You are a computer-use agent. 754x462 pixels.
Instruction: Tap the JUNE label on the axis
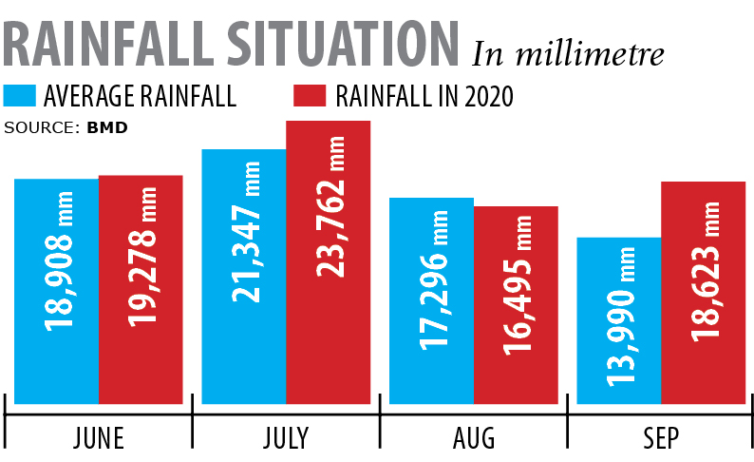[x=99, y=438]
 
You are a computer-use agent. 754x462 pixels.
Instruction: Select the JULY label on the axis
[x=285, y=438]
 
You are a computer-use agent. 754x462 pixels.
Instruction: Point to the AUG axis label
[x=473, y=438]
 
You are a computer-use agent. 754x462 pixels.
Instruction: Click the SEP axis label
[x=661, y=438]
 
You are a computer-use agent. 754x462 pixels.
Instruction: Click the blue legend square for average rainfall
[x=20, y=96]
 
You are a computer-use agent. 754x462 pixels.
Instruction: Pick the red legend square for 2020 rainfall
[x=310, y=96]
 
